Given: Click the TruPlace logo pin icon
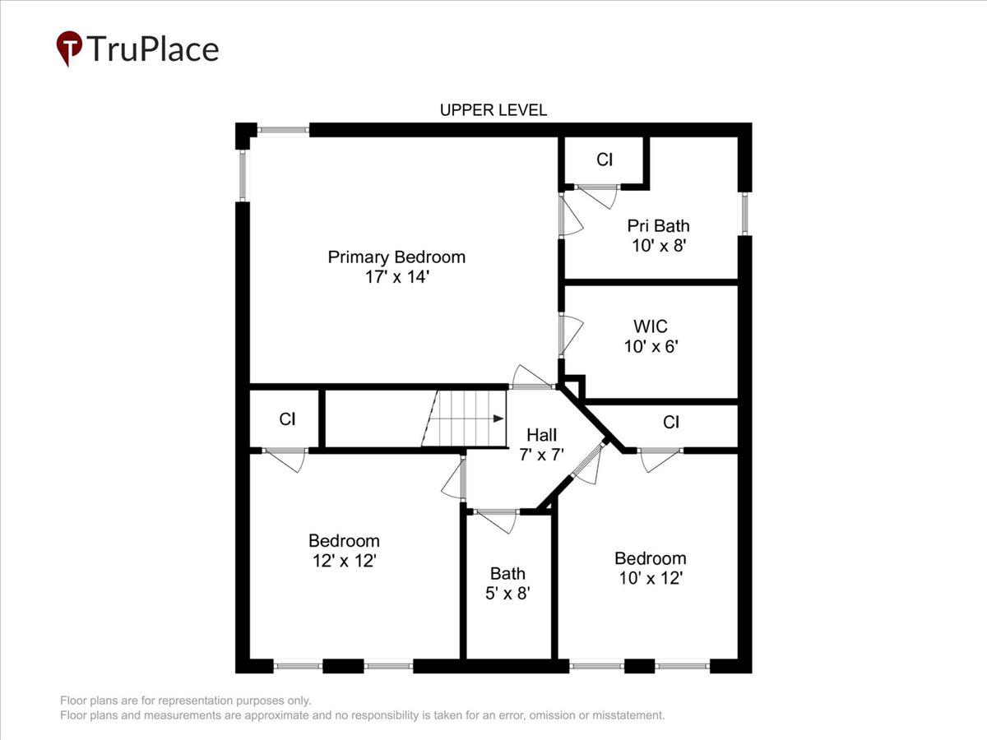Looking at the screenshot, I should pyautogui.click(x=69, y=49).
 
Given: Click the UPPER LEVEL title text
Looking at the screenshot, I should pyautogui.click(x=493, y=110).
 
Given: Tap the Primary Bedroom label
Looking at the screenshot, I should pyautogui.click(x=396, y=257).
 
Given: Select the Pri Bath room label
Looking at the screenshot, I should pyautogui.click(x=658, y=225).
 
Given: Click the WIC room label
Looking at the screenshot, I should pyautogui.click(x=651, y=326).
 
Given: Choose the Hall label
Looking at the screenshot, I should pyautogui.click(x=542, y=434).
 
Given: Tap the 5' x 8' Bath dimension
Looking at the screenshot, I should pyautogui.click(x=507, y=593).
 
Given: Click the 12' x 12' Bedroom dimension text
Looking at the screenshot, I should pyautogui.click(x=344, y=561).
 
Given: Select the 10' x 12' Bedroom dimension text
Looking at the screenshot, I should pyautogui.click(x=651, y=578).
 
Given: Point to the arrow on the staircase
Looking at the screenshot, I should pyautogui.click(x=498, y=419).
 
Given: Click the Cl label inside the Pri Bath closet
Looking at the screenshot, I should pyautogui.click(x=605, y=160).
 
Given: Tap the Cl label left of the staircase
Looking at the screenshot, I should pyautogui.click(x=287, y=419).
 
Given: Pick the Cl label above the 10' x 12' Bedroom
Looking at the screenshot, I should pyautogui.click(x=671, y=423).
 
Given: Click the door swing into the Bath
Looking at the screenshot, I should pyautogui.click(x=497, y=520).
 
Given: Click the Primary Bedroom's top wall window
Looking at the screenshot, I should pyautogui.click(x=283, y=130).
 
